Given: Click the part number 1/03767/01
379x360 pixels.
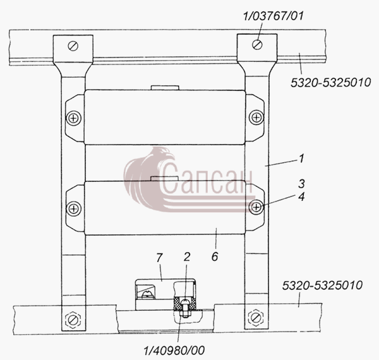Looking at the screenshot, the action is point(273,16).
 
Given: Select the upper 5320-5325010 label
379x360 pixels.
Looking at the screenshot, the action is point(330,83).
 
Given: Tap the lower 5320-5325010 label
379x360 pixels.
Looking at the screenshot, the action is point(322,285).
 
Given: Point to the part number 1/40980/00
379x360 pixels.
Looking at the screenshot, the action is point(174,351).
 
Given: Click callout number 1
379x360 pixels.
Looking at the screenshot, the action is point(301,159).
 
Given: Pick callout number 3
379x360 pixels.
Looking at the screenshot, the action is point(301,184).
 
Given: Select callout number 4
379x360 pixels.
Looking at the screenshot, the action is point(301,196).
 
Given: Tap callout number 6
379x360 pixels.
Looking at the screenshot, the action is point(215,256).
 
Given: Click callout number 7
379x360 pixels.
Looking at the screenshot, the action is point(159,258).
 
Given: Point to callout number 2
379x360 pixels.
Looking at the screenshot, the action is point(186,257).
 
